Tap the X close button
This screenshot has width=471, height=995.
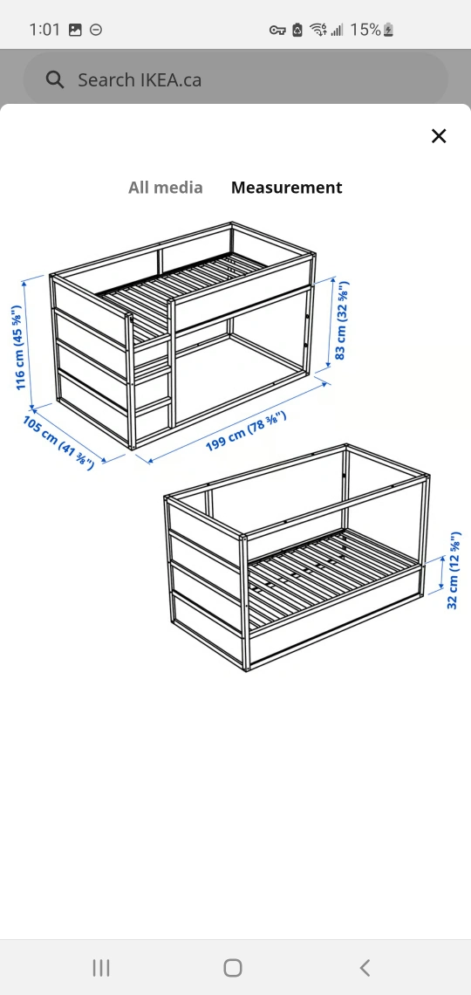point(439,136)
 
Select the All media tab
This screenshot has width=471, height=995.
point(166,187)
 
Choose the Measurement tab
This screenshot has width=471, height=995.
point(287,187)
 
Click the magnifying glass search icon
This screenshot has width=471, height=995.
point(55,80)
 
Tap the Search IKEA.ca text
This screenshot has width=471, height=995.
point(140,80)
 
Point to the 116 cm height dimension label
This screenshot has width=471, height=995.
point(18,347)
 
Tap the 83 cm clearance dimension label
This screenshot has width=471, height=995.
point(342,320)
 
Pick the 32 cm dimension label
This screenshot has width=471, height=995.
point(454,571)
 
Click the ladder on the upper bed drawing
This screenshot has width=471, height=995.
point(152,375)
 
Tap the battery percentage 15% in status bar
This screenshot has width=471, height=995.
point(365,29)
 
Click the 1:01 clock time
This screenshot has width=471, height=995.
point(44,29)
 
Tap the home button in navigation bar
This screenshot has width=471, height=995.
point(233,968)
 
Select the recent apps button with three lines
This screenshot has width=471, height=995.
point(101,968)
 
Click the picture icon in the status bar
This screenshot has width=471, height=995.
point(75,30)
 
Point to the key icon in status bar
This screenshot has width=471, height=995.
point(277,30)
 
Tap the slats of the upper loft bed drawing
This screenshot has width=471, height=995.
point(190,285)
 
